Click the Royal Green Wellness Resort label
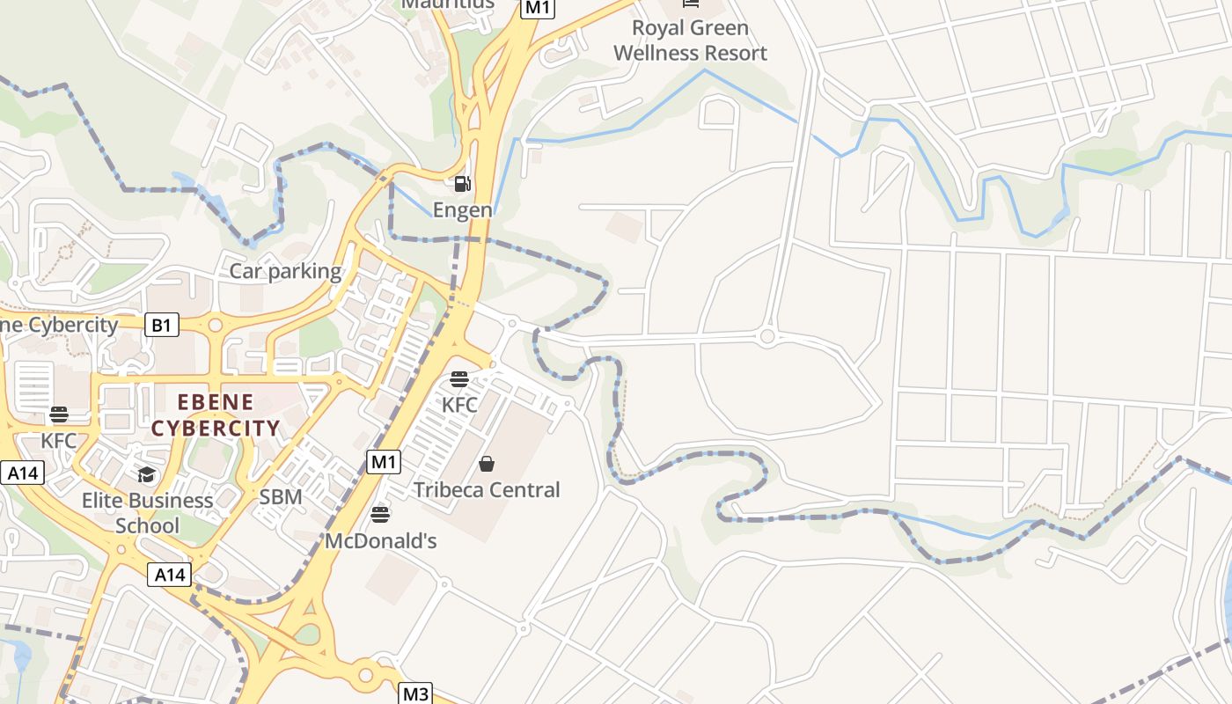click(x=690, y=40)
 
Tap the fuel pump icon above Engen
click(x=462, y=184)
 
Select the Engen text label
click(x=462, y=210)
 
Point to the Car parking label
click(x=285, y=271)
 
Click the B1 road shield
click(x=161, y=326)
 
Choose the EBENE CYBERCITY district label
click(x=216, y=415)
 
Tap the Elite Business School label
click(x=148, y=513)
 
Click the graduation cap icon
click(x=146, y=475)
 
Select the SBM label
click(x=281, y=497)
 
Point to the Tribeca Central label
click(x=487, y=490)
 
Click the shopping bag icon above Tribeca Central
click(x=487, y=464)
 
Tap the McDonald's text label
click(x=381, y=540)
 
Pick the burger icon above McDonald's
click(x=380, y=514)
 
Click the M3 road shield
click(x=415, y=693)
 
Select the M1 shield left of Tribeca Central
click(x=384, y=462)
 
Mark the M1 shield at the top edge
click(x=538, y=8)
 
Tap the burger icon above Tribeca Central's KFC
click(x=459, y=379)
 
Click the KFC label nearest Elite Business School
click(x=59, y=440)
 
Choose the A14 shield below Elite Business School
click(x=169, y=575)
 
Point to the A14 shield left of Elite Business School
click(x=22, y=473)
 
